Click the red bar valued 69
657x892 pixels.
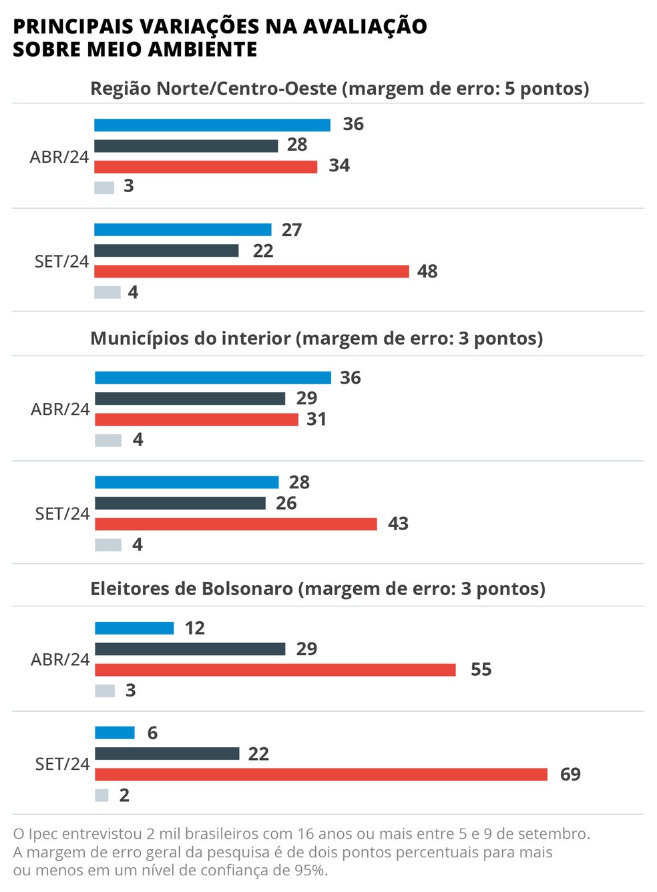coord(320,774)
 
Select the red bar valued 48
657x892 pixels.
coord(251,272)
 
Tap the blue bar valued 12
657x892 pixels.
coord(134,628)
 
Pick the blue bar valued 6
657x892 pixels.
coord(115,733)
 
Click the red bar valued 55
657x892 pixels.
coord(275,669)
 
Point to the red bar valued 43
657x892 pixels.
coord(236,524)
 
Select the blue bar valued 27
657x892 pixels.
coord(183,230)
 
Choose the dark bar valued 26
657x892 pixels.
coord(180,503)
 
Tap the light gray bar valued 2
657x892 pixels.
coord(101,795)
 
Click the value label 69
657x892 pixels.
coord(570,774)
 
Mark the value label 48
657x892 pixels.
coord(427,272)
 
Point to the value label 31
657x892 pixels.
coord(316,419)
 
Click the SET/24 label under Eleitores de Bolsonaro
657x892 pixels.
coord(62,764)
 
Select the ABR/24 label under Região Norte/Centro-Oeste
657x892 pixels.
coord(59,157)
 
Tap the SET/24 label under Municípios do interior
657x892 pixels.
coord(62,514)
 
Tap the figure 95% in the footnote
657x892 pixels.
coord(310,870)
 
